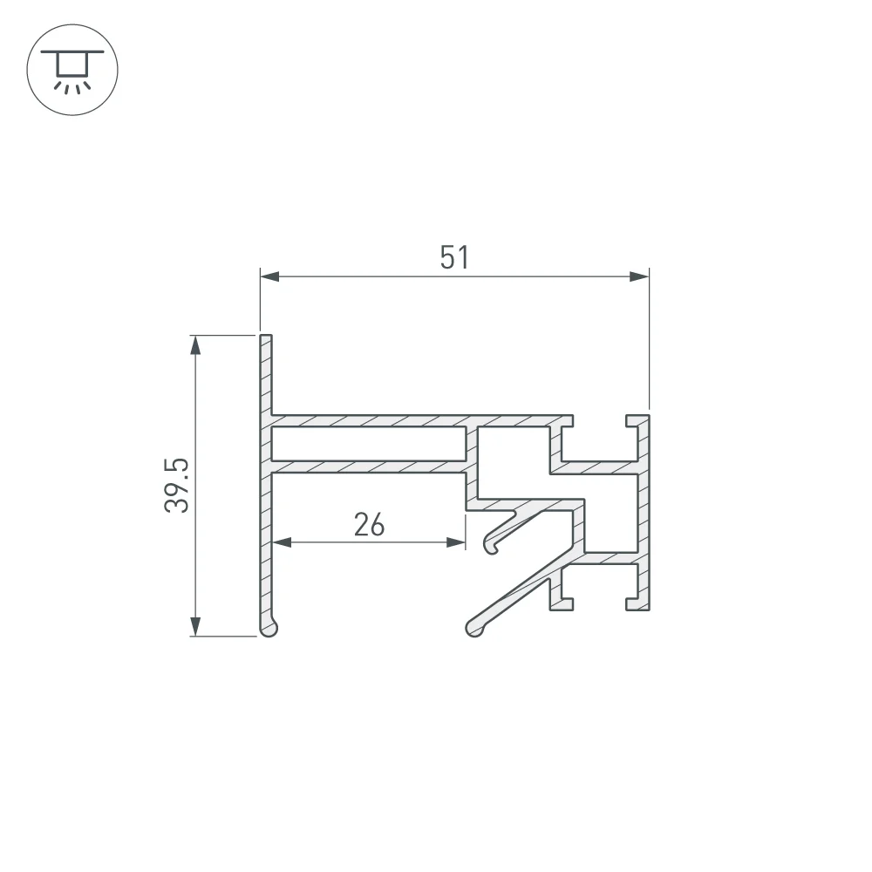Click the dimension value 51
coord(454,257)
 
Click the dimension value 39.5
coord(177,485)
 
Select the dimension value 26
coord(369,525)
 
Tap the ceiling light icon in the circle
coord(72,70)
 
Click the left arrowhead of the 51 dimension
coord(269,276)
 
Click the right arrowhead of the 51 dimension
coord(639,276)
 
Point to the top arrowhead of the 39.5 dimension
coord(195,344)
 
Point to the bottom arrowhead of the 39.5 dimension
coord(195,626)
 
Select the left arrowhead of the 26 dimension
coord(282,542)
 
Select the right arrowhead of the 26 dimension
coord(456,542)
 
